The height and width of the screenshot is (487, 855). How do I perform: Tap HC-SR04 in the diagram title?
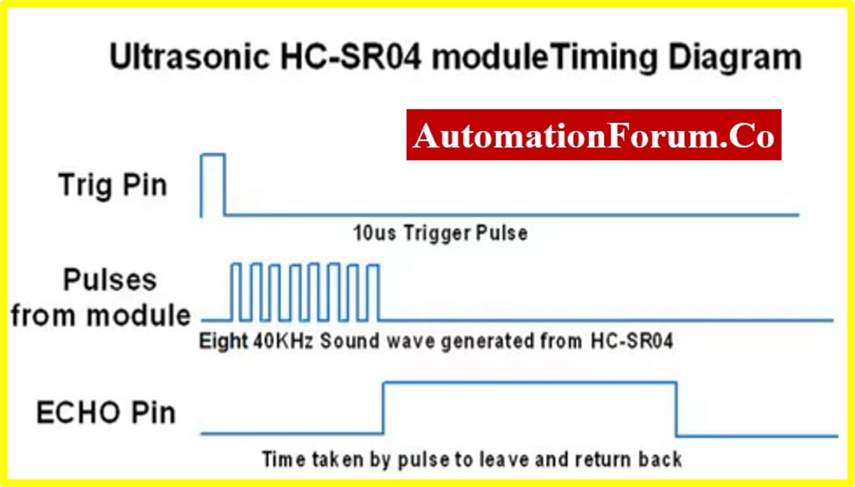(351, 57)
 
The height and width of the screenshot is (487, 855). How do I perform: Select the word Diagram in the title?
(735, 58)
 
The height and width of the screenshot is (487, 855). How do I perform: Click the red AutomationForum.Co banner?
(593, 135)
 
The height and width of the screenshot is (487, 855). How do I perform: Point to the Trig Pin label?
(112, 185)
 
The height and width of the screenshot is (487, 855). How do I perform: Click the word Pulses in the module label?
(110, 279)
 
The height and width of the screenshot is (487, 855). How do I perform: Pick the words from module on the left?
(101, 315)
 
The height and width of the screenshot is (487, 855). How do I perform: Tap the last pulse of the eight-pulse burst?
(374, 292)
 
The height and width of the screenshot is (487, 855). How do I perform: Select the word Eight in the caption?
(223, 341)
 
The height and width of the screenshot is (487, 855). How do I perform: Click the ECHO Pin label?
(106, 413)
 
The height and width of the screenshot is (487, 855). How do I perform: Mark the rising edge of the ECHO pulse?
(384, 407)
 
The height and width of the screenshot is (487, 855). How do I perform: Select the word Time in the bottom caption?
(283, 460)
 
